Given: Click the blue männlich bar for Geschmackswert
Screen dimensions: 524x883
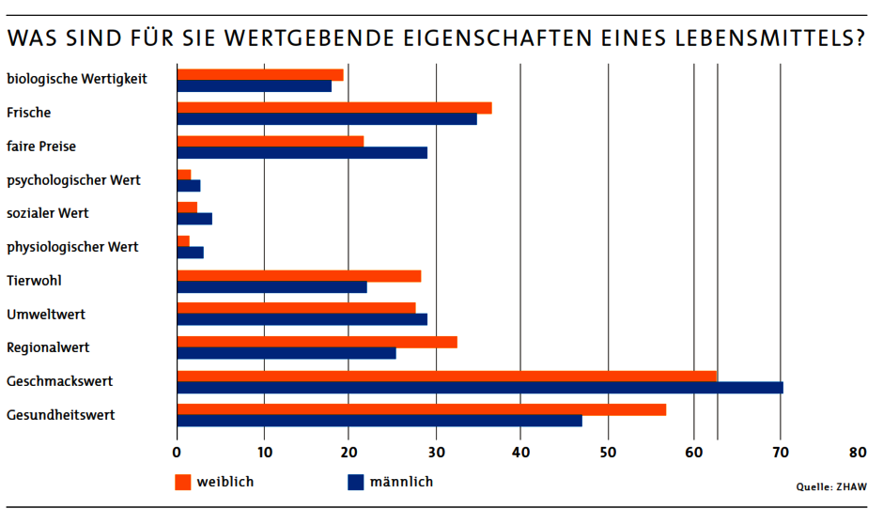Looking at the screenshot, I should tap(479, 388).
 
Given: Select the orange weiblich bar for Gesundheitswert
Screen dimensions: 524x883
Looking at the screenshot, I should tap(422, 409).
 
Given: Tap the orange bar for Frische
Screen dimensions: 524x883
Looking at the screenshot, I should tap(334, 108).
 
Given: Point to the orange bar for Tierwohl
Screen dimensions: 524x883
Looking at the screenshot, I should tap(299, 276).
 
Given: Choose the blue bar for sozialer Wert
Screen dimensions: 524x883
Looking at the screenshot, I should tap(194, 220).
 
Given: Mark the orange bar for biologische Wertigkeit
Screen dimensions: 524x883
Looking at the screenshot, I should tap(260, 74).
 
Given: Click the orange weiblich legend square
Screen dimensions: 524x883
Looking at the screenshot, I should tap(183, 483).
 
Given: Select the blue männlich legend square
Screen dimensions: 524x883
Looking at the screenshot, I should tap(355, 483).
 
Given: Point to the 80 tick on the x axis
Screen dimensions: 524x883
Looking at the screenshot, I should tap(858, 453).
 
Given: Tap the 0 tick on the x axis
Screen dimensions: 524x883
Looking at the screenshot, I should tap(178, 453).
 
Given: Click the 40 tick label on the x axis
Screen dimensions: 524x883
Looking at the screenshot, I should tap(521, 453).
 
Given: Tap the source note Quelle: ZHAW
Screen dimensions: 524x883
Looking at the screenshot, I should tap(831, 487).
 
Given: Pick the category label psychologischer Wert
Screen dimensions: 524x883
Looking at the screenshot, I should tap(73, 179).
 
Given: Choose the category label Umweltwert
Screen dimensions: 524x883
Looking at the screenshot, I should tap(46, 314).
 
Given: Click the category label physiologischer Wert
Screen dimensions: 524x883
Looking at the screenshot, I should tap(72, 247).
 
